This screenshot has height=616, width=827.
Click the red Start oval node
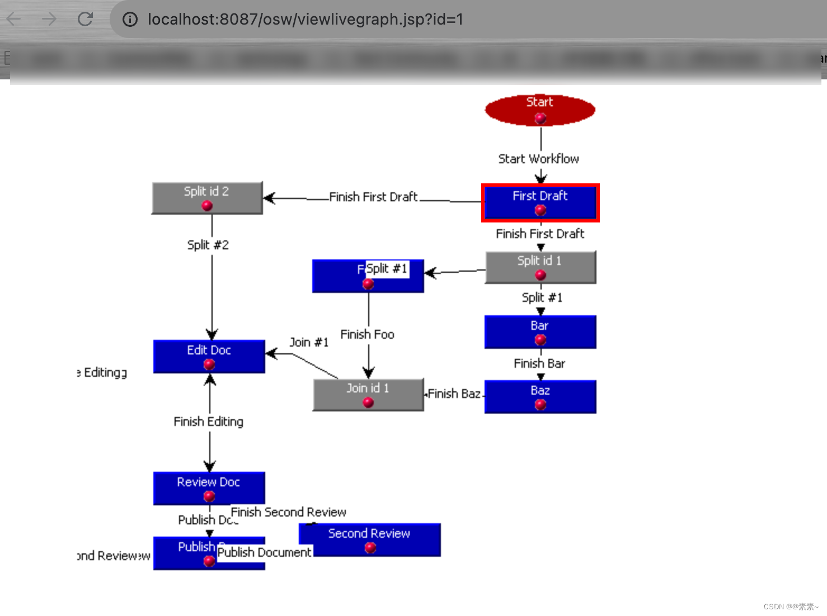540,110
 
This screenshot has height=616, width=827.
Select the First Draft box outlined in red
540,202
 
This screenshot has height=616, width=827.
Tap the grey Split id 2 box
207,198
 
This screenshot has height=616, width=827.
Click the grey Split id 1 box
540,267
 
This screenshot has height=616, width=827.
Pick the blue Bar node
540,332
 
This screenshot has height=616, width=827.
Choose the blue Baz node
540,397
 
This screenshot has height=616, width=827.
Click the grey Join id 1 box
368,395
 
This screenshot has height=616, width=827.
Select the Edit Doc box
209,357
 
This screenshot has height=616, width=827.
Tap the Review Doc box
209,488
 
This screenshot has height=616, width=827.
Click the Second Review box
369,539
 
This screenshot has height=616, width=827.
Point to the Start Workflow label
538,159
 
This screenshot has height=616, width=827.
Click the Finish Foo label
367,334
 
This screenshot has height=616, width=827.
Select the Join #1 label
308,342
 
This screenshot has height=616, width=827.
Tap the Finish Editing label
208,421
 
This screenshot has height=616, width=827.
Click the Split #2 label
208,245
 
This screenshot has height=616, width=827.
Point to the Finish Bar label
539,363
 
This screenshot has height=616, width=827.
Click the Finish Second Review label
288,512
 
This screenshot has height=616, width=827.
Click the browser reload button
85,19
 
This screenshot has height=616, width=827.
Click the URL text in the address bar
305,19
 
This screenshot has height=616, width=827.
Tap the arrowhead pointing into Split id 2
269,198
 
